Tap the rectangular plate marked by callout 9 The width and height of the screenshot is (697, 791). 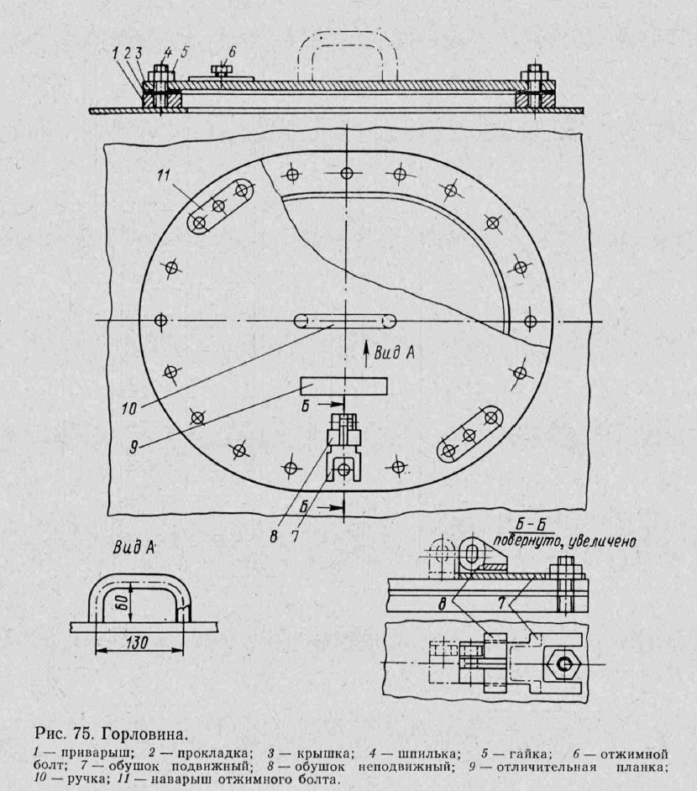[x=344, y=386]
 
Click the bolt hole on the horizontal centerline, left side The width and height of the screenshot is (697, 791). [x=160, y=322]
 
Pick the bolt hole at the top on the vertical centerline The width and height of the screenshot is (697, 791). [x=346, y=173]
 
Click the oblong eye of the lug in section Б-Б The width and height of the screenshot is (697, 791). [x=474, y=557]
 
